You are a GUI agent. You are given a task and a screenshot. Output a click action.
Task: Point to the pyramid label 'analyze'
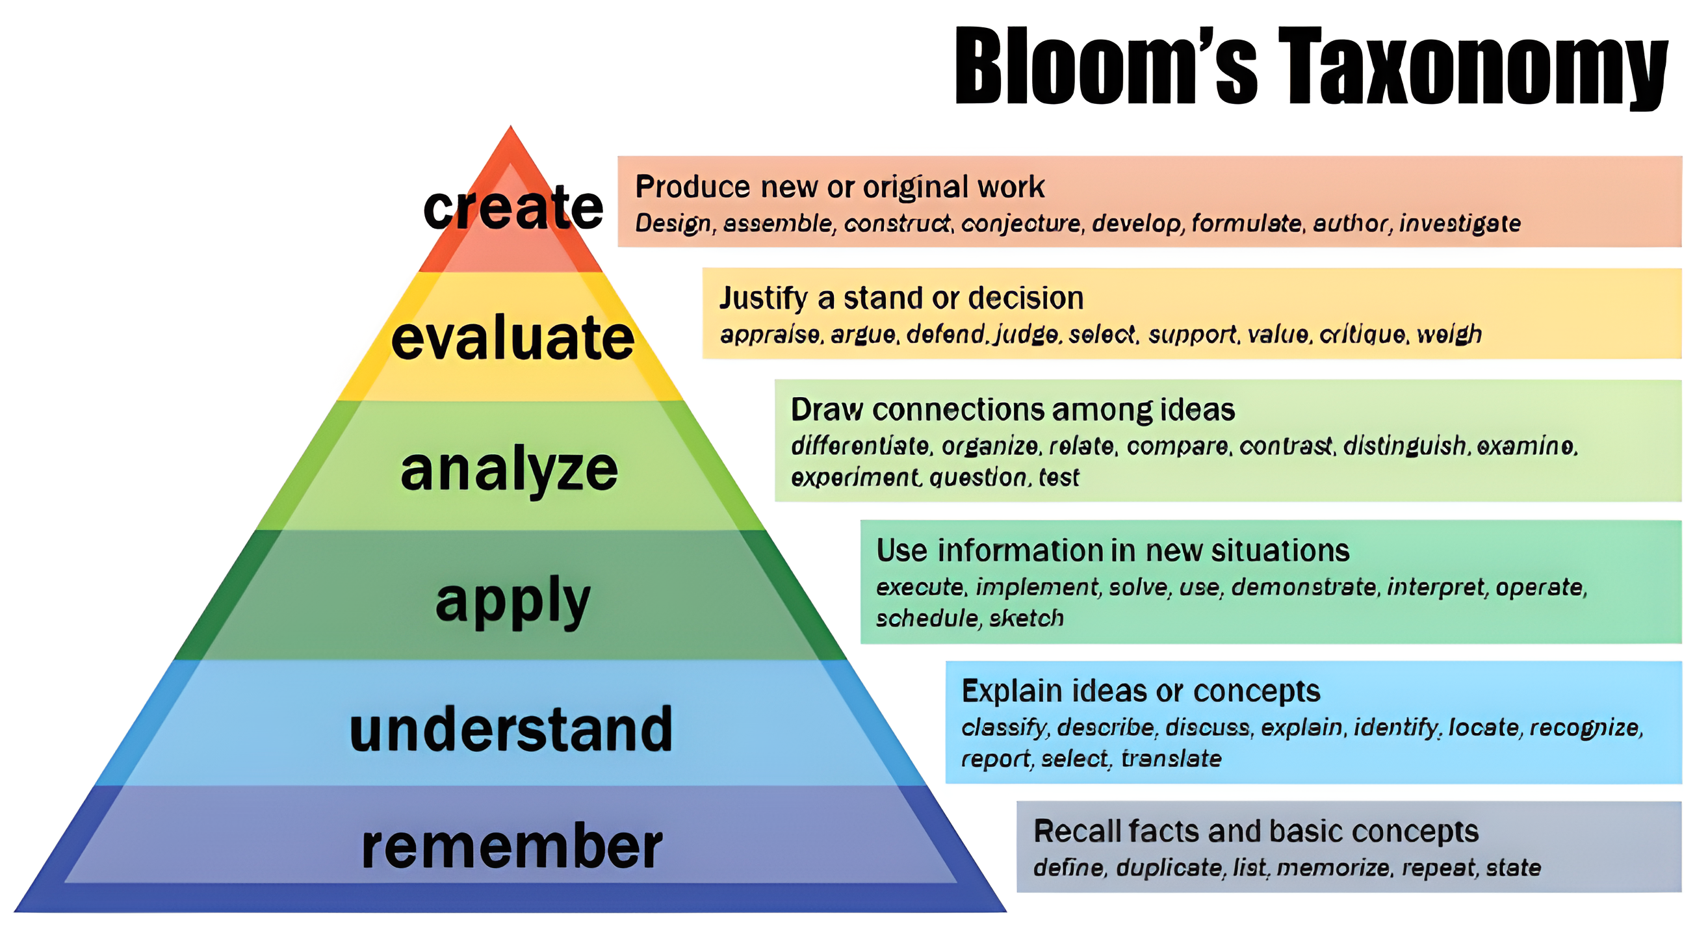pos(510,469)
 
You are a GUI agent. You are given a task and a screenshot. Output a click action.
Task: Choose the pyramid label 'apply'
pos(513,600)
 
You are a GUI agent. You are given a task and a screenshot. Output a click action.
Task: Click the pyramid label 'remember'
pos(512,847)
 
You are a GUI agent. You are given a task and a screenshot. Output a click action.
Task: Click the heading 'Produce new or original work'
pos(840,188)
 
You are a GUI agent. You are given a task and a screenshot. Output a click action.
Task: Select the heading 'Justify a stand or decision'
pos(901,299)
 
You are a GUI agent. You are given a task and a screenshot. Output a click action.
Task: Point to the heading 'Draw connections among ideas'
pos(1013,410)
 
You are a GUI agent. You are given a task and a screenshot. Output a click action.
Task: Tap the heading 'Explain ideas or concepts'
pos(1141,691)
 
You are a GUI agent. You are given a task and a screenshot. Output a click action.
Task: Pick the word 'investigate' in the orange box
pos(1460,224)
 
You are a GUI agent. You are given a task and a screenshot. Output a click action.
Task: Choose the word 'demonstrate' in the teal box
pos(1304,586)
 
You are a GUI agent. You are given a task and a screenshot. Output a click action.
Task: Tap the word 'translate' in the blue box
pos(1171,759)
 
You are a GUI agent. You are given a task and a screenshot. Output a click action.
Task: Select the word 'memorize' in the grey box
pos(1334,868)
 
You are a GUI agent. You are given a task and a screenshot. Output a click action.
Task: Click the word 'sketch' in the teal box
pos(1026,618)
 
